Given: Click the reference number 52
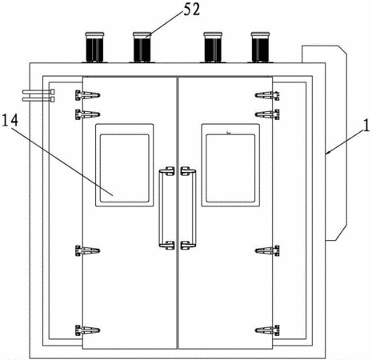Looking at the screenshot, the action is pyautogui.click(x=191, y=10).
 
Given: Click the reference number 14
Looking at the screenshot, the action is pyautogui.click(x=10, y=120).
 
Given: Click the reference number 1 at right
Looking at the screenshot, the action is pyautogui.click(x=367, y=126).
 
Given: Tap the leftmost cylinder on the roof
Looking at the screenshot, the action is pyautogui.click(x=94, y=47).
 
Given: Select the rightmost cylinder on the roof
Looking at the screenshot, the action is pyautogui.click(x=260, y=47).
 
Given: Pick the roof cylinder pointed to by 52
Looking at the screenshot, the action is pyautogui.click(x=142, y=47).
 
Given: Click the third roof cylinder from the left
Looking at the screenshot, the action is pyautogui.click(x=213, y=47).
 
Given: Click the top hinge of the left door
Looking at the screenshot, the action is pyautogui.click(x=87, y=95).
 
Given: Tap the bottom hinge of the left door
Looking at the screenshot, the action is pyautogui.click(x=87, y=330).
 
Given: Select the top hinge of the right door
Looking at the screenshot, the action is pyautogui.click(x=267, y=95).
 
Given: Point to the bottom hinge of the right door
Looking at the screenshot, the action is pyautogui.click(x=267, y=330).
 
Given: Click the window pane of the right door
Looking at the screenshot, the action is pyautogui.click(x=230, y=168).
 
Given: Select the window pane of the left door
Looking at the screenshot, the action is pyautogui.click(x=125, y=168).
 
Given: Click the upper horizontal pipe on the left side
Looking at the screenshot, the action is pyautogui.click(x=38, y=92).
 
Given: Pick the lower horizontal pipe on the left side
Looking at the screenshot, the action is pyautogui.click(x=38, y=99).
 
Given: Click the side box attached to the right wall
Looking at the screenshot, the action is pyautogui.click(x=337, y=143).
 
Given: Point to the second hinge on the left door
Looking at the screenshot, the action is pyautogui.click(x=87, y=114).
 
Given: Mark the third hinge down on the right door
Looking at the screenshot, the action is pyautogui.click(x=267, y=250).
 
